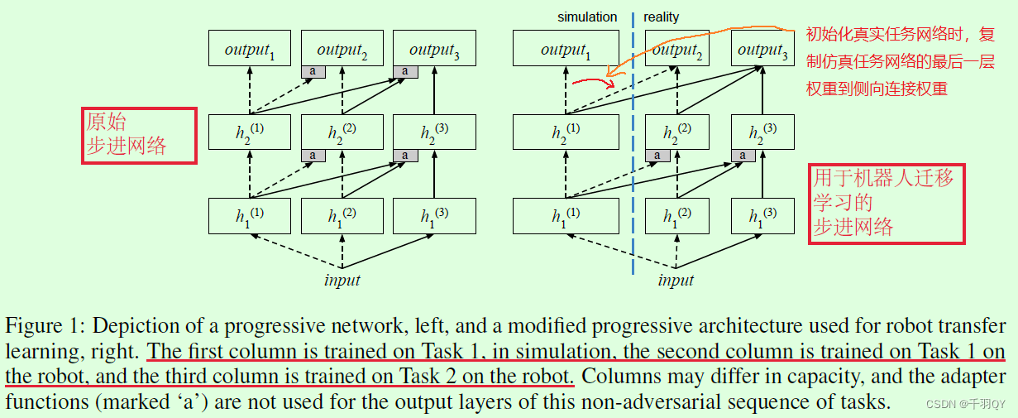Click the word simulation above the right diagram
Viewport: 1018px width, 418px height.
[x=587, y=17]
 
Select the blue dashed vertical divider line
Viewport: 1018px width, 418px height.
[x=633, y=166]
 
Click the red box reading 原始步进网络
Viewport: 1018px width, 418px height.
[x=139, y=135]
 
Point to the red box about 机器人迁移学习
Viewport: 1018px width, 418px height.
[x=887, y=203]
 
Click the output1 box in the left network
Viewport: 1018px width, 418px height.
[x=249, y=49]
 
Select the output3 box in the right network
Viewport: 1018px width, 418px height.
[x=762, y=49]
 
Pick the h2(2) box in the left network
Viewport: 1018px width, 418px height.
[x=342, y=132]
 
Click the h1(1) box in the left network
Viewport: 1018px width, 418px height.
[x=249, y=216]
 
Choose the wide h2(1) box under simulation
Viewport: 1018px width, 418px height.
[x=566, y=132]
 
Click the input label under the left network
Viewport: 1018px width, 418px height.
[x=342, y=280]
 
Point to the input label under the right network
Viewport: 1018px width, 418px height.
[x=676, y=280]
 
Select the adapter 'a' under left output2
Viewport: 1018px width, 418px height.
[x=313, y=72]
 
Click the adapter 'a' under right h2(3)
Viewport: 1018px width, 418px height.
[x=743, y=156]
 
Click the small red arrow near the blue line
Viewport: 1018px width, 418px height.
[x=588, y=80]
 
